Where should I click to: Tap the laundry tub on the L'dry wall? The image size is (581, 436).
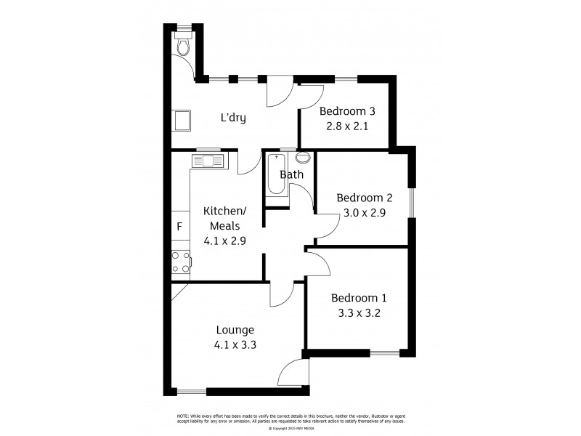click(x=181, y=120)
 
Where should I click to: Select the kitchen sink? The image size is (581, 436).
click(x=208, y=161)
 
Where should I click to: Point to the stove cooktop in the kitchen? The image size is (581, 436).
click(x=179, y=262)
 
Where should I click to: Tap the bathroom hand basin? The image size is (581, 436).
click(x=303, y=158)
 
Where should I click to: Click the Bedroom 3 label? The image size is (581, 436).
click(x=347, y=111)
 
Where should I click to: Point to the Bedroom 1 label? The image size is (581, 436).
click(x=359, y=298)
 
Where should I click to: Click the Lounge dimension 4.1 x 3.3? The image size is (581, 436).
click(x=234, y=345)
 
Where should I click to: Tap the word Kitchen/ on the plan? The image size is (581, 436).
click(x=224, y=211)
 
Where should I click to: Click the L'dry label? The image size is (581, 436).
click(x=232, y=118)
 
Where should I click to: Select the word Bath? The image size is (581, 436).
click(x=291, y=174)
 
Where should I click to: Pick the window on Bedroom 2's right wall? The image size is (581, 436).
click(x=410, y=203)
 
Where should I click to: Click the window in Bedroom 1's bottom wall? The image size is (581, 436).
click(x=384, y=354)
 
